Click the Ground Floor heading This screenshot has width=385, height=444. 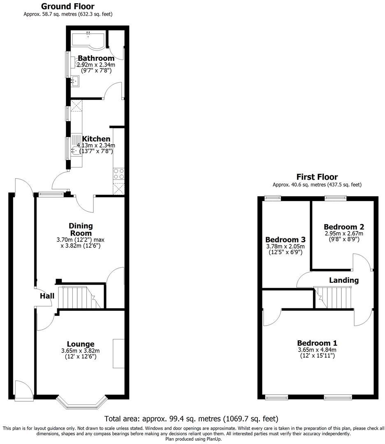[67, 7]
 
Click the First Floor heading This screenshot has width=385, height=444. [317, 177]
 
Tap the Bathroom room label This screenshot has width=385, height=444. [96, 58]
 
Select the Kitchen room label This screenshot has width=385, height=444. [96, 139]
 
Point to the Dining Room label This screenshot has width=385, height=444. [81, 229]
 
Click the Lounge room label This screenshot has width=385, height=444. [81, 344]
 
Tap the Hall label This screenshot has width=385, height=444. [47, 296]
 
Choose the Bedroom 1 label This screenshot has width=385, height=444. [317, 343]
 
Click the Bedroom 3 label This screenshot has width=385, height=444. [285, 240]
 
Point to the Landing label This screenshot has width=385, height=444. [344, 280]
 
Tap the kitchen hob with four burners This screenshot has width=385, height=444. [119, 174]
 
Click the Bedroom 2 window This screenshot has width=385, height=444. [335, 198]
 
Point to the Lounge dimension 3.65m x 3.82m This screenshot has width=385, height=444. [81, 351]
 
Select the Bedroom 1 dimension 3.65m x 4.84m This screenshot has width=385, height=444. [317, 350]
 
